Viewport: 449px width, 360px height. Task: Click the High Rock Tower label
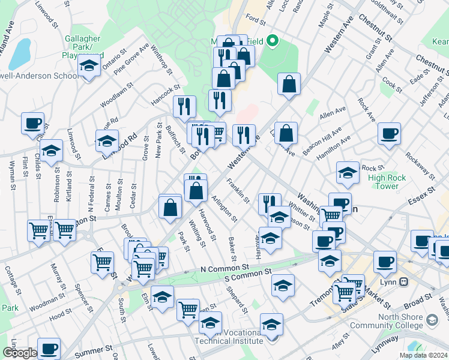coord(387,182)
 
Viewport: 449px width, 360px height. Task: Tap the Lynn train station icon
coord(404,281)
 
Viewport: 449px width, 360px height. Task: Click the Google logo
coord(20,353)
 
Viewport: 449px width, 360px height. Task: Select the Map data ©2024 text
coord(423,355)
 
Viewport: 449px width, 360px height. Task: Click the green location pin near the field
coord(273,41)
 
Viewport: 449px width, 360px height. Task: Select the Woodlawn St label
coord(116,95)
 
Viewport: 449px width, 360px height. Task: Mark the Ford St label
coord(255,20)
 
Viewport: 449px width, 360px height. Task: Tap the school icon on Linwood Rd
coord(107,142)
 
